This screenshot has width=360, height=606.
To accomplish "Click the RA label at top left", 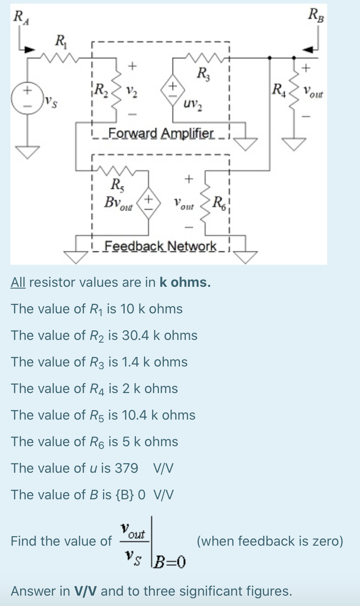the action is click(19, 18).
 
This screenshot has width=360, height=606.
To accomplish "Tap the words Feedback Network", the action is click(160, 246).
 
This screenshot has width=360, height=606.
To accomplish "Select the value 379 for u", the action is click(126, 468).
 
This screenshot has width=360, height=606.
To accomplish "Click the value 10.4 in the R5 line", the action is click(129, 415).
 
